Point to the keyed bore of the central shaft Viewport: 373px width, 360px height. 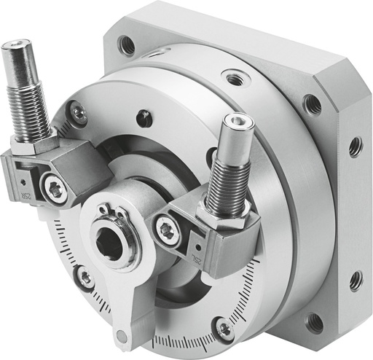click(113, 246)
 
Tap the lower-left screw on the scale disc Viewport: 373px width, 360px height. click(86, 276)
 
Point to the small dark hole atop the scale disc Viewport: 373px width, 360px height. click(144, 117)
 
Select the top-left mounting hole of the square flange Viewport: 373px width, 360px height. click(127, 45)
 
